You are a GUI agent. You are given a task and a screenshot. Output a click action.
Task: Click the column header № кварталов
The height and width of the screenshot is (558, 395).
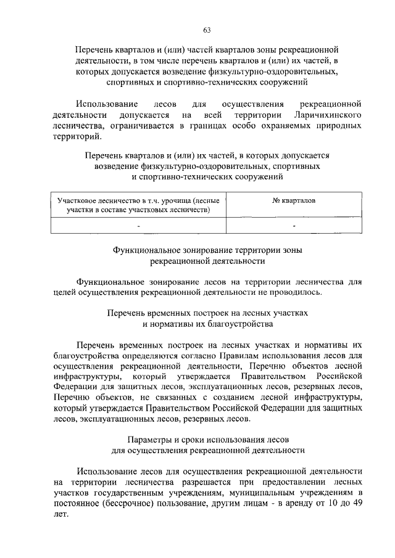[293, 201]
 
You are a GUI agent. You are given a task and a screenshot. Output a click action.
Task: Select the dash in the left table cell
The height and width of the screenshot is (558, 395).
[139, 226]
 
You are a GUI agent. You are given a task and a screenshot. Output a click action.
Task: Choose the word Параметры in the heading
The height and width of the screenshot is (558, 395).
[148, 440]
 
